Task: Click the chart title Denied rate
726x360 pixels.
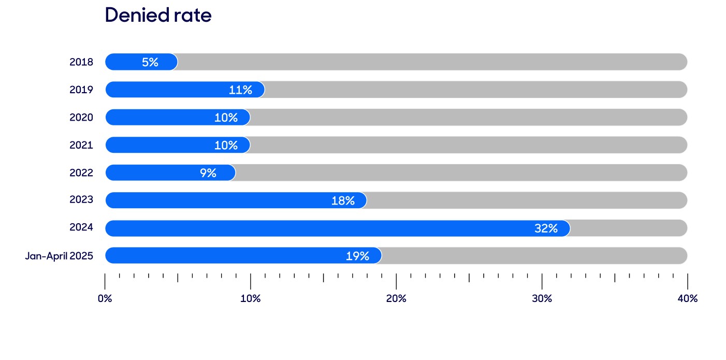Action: pos(158,15)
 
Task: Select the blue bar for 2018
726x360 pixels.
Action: pos(141,62)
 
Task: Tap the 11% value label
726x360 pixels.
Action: pos(240,90)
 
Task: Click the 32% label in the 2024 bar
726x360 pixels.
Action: pos(546,228)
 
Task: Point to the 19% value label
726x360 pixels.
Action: pos(357,256)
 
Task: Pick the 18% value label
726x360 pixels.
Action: pos(343,201)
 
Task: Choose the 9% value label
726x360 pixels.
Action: pos(208,173)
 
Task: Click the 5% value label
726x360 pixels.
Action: pos(150,62)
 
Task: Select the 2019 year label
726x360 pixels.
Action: pos(81,90)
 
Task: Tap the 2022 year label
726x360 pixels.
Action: pos(81,172)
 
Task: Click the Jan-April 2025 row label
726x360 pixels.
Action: pos(60,256)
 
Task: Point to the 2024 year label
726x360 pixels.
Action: pos(81,227)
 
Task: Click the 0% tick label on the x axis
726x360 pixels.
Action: pos(105,298)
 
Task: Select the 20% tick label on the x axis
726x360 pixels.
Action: pos(396,298)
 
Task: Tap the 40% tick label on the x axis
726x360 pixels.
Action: pos(688,298)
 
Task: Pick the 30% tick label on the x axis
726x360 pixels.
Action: pos(542,298)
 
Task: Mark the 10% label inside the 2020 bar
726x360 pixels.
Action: pos(226,118)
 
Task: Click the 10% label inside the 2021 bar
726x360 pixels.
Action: pos(226,146)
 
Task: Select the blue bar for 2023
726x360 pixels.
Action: pos(236,200)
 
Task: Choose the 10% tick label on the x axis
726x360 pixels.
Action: pos(251,298)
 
